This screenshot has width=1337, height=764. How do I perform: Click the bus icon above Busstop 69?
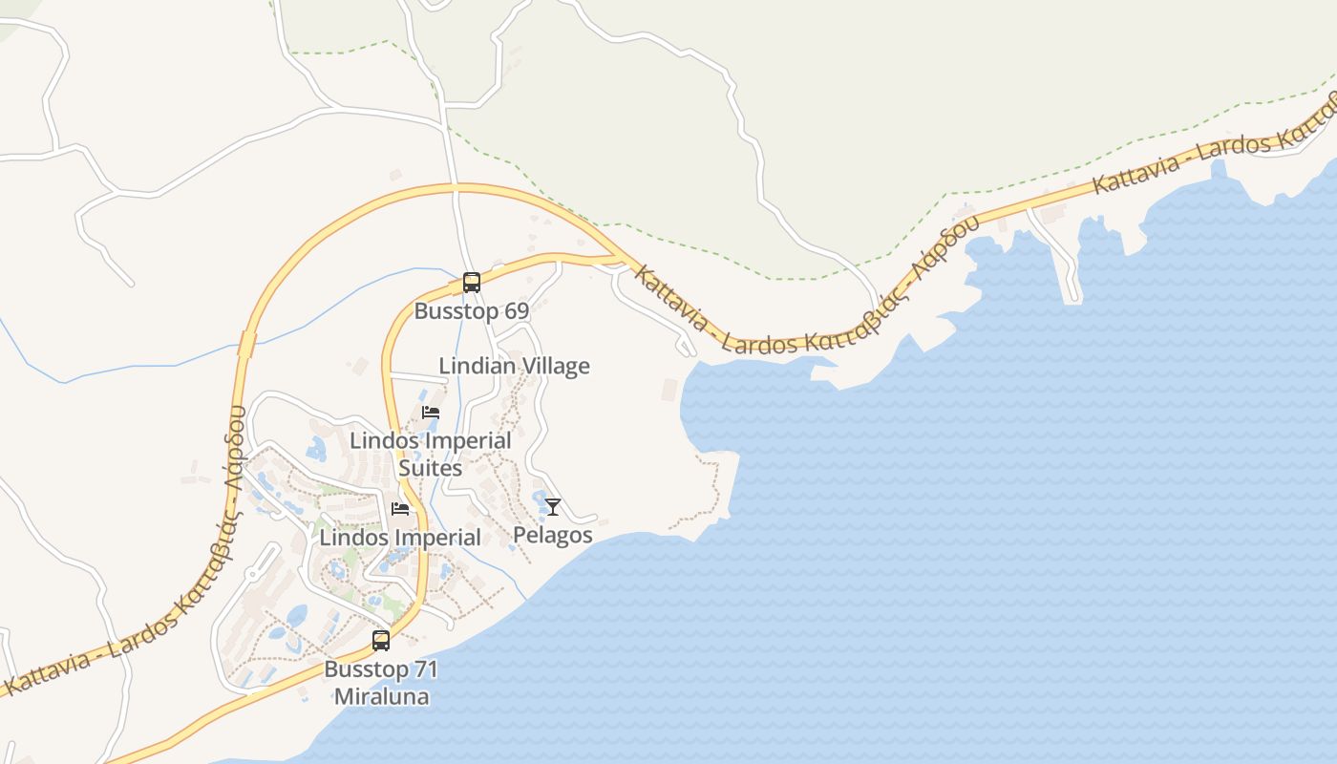pos(471,283)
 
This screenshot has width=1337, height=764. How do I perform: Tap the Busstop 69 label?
pos(471,311)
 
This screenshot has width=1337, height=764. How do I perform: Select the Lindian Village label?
pos(514,366)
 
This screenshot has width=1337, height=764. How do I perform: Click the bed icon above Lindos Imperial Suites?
pos(431,413)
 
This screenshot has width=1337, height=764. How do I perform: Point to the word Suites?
pos(430,468)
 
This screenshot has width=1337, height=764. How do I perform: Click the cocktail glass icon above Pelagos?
pos(552,507)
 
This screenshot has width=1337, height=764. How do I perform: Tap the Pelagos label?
pos(552,535)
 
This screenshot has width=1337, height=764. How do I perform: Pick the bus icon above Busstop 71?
pos(380,641)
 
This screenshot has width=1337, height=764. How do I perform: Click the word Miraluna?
pos(381,696)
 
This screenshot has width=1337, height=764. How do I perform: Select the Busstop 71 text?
pos(381,668)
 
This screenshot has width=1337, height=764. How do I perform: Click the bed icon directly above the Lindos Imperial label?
pos(400,509)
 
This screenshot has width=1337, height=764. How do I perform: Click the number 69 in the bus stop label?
pos(516,311)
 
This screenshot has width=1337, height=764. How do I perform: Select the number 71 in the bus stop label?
pos(426,668)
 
